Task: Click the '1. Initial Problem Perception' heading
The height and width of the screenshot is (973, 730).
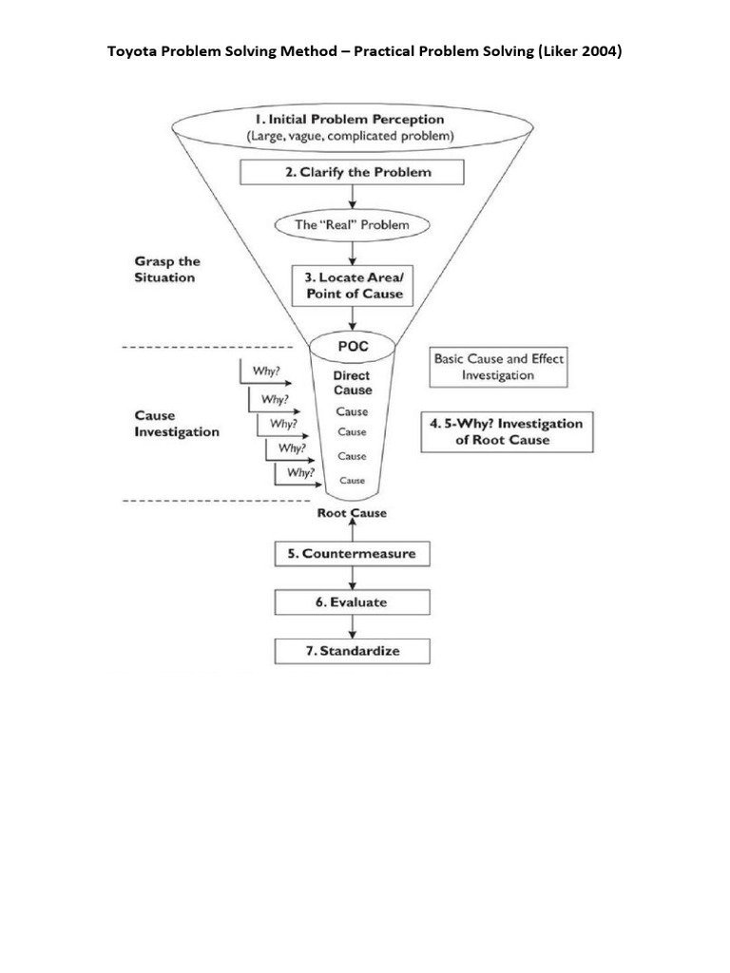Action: (349, 120)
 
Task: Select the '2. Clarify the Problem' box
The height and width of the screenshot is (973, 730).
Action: (352, 172)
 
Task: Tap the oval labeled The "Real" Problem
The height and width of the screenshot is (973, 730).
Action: (352, 225)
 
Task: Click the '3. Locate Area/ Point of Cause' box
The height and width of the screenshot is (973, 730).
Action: (353, 285)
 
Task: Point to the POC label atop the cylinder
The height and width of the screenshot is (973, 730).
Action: (353, 347)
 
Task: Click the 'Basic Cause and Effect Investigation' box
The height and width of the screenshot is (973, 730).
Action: (498, 367)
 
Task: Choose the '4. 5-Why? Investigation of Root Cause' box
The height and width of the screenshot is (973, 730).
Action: (508, 432)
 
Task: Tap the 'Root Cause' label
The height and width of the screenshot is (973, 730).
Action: (353, 513)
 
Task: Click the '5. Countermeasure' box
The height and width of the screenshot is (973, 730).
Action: (353, 553)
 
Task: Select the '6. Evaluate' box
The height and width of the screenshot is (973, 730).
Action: (353, 602)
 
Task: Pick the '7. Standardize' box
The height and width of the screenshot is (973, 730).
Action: (353, 651)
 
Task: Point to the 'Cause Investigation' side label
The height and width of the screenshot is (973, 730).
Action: (177, 424)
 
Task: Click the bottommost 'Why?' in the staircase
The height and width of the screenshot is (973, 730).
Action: (300, 471)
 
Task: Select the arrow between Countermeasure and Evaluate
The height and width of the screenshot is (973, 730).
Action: (353, 578)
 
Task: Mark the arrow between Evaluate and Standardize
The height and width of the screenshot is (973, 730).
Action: (353, 627)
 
